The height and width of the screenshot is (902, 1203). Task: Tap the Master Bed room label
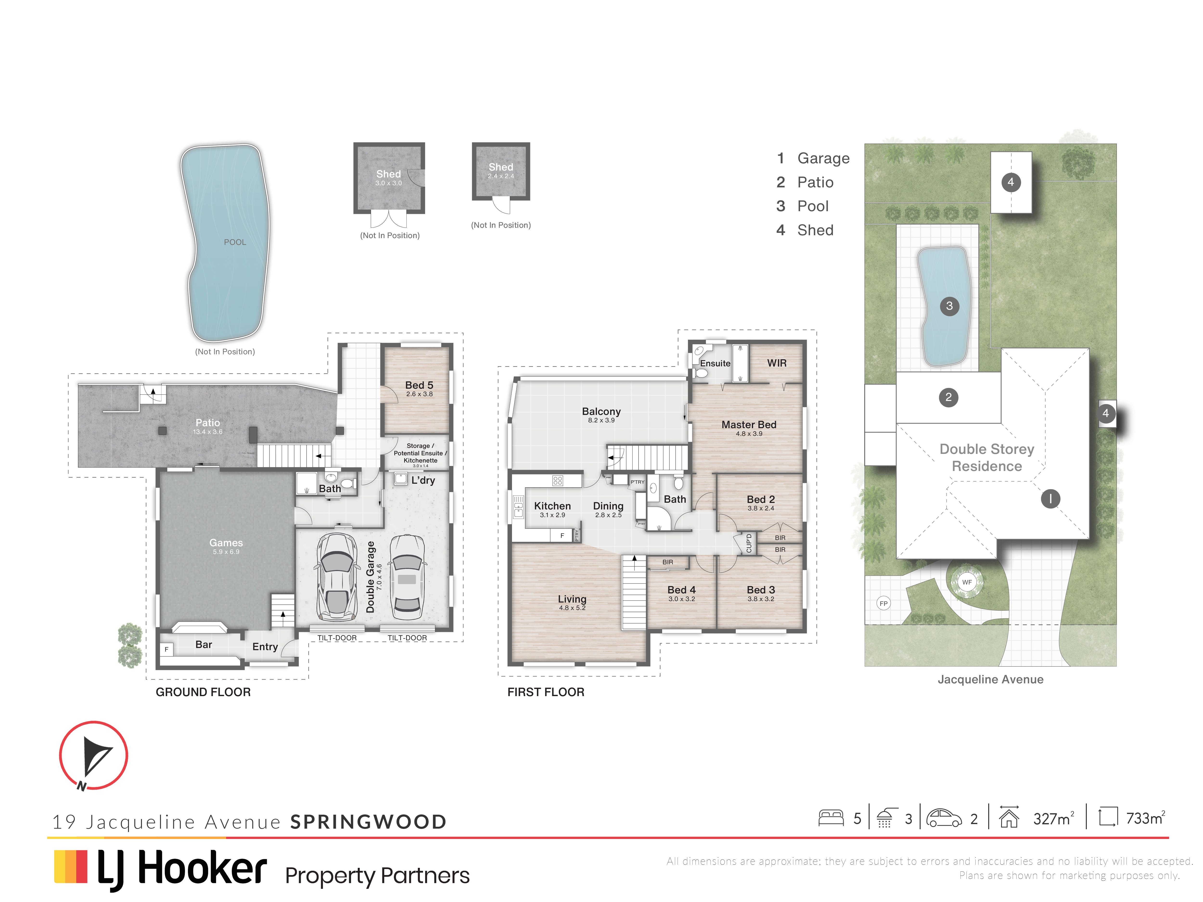point(749,425)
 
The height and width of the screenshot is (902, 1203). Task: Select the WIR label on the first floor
point(777,363)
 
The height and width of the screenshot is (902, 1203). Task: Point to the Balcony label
point(601,412)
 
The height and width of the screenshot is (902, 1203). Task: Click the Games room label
point(226,543)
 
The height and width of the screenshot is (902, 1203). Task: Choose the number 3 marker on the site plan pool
point(949,306)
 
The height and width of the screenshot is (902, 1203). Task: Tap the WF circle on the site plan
point(966,582)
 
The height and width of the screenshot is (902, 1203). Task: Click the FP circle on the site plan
point(883,603)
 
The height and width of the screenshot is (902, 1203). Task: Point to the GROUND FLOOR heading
point(203,692)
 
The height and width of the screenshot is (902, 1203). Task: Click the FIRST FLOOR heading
point(545,692)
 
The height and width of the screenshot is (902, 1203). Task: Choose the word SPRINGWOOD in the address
point(368,821)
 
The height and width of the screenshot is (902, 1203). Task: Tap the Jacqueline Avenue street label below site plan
point(990,679)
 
